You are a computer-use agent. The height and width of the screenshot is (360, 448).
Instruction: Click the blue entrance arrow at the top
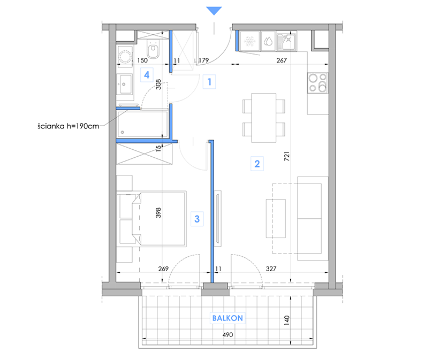coord(214,11)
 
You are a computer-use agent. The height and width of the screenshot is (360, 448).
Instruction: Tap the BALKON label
coord(227,318)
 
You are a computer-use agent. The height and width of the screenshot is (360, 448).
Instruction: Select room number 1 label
coord(209,82)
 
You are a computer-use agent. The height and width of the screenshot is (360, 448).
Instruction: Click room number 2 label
coord(257,164)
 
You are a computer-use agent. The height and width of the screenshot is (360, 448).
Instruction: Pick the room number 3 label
coord(197,219)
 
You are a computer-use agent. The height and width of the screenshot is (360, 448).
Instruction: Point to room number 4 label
coord(147,75)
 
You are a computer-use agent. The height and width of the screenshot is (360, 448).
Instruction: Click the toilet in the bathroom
coord(153,49)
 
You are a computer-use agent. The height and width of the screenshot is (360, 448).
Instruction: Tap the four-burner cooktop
coord(318,83)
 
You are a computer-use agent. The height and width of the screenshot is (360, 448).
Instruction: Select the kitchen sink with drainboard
coord(286,42)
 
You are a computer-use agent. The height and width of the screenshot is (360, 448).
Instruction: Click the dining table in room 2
coord(264,118)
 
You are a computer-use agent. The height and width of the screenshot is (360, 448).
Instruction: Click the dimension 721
coord(287,156)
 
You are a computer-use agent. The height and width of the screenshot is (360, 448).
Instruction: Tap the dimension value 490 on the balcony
coord(227,335)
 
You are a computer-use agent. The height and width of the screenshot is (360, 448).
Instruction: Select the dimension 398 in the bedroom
coord(158,213)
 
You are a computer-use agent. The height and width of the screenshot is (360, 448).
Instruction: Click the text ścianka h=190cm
coord(69,126)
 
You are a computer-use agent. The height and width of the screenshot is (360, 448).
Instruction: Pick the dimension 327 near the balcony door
coord(271,269)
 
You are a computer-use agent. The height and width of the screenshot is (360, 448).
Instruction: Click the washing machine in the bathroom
coord(125,57)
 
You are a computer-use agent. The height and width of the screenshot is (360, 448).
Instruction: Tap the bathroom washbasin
coord(125,84)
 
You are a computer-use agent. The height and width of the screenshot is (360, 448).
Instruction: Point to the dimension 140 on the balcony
coord(287,320)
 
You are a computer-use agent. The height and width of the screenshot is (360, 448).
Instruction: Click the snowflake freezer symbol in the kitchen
coord(250,41)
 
